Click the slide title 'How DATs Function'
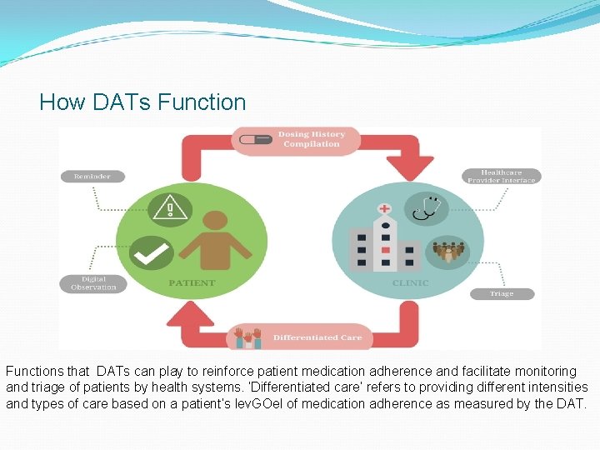[142, 102]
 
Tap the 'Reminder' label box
[92, 177]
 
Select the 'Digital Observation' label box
[93, 283]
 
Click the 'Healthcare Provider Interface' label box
[501, 176]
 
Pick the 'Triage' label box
[502, 294]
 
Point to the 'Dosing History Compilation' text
[311, 139]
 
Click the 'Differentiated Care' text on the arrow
[317, 337]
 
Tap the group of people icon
[449, 250]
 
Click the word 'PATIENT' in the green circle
[192, 283]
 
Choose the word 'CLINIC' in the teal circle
[410, 283]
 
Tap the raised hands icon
[247, 337]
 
